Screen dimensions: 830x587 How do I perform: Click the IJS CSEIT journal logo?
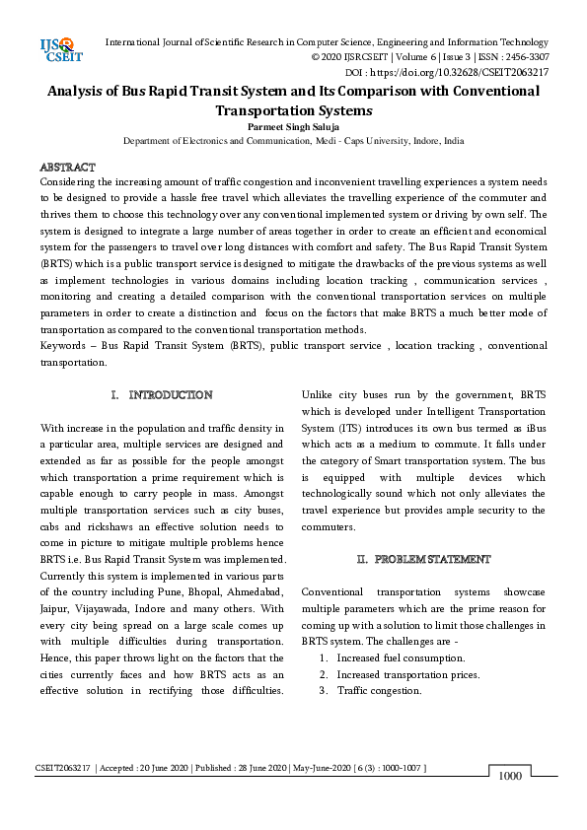point(56,46)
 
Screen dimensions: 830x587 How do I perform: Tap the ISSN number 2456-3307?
point(525,57)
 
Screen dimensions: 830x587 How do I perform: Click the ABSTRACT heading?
point(67,168)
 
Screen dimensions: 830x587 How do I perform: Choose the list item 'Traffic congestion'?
point(379,691)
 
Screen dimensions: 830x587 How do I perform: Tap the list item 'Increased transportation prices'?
point(407,674)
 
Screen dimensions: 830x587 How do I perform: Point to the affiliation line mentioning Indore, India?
point(293,141)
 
